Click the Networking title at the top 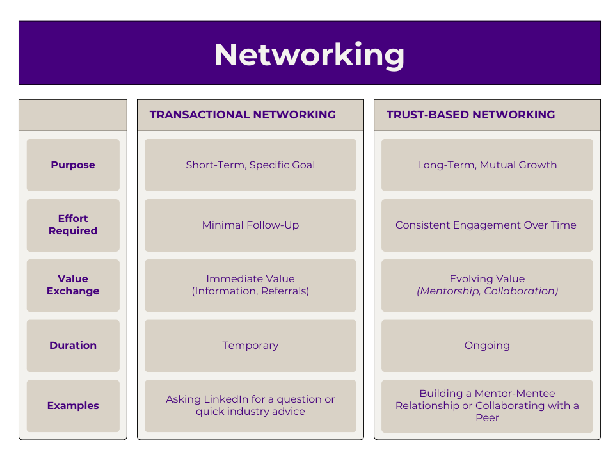pyautogui.click(x=309, y=54)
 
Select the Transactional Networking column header pyautogui.click(x=243, y=115)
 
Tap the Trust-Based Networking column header pyautogui.click(x=470, y=115)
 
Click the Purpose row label pyautogui.click(x=73, y=165)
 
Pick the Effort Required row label pyautogui.click(x=73, y=225)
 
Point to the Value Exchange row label pyautogui.click(x=73, y=285)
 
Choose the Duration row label pyautogui.click(x=73, y=346)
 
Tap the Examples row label pyautogui.click(x=73, y=406)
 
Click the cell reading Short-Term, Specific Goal pyautogui.click(x=250, y=165)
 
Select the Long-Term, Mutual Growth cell pyautogui.click(x=487, y=165)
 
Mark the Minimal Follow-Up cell pyautogui.click(x=250, y=225)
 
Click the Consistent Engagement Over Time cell pyautogui.click(x=486, y=225)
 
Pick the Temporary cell pyautogui.click(x=250, y=346)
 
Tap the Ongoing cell pyautogui.click(x=487, y=346)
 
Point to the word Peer pyautogui.click(x=487, y=418)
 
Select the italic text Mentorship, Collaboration pyautogui.click(x=487, y=291)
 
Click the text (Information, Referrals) pyautogui.click(x=250, y=291)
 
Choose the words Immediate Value pyautogui.click(x=250, y=279)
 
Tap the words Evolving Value pyautogui.click(x=487, y=279)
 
